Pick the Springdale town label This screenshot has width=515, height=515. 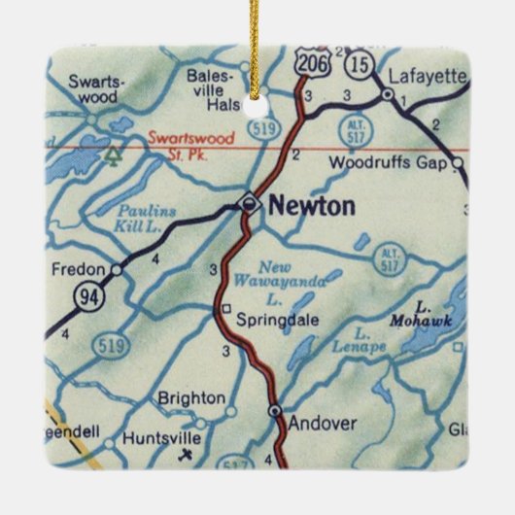(274, 317)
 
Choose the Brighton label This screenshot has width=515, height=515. (191, 398)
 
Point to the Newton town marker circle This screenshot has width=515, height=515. (250, 203)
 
